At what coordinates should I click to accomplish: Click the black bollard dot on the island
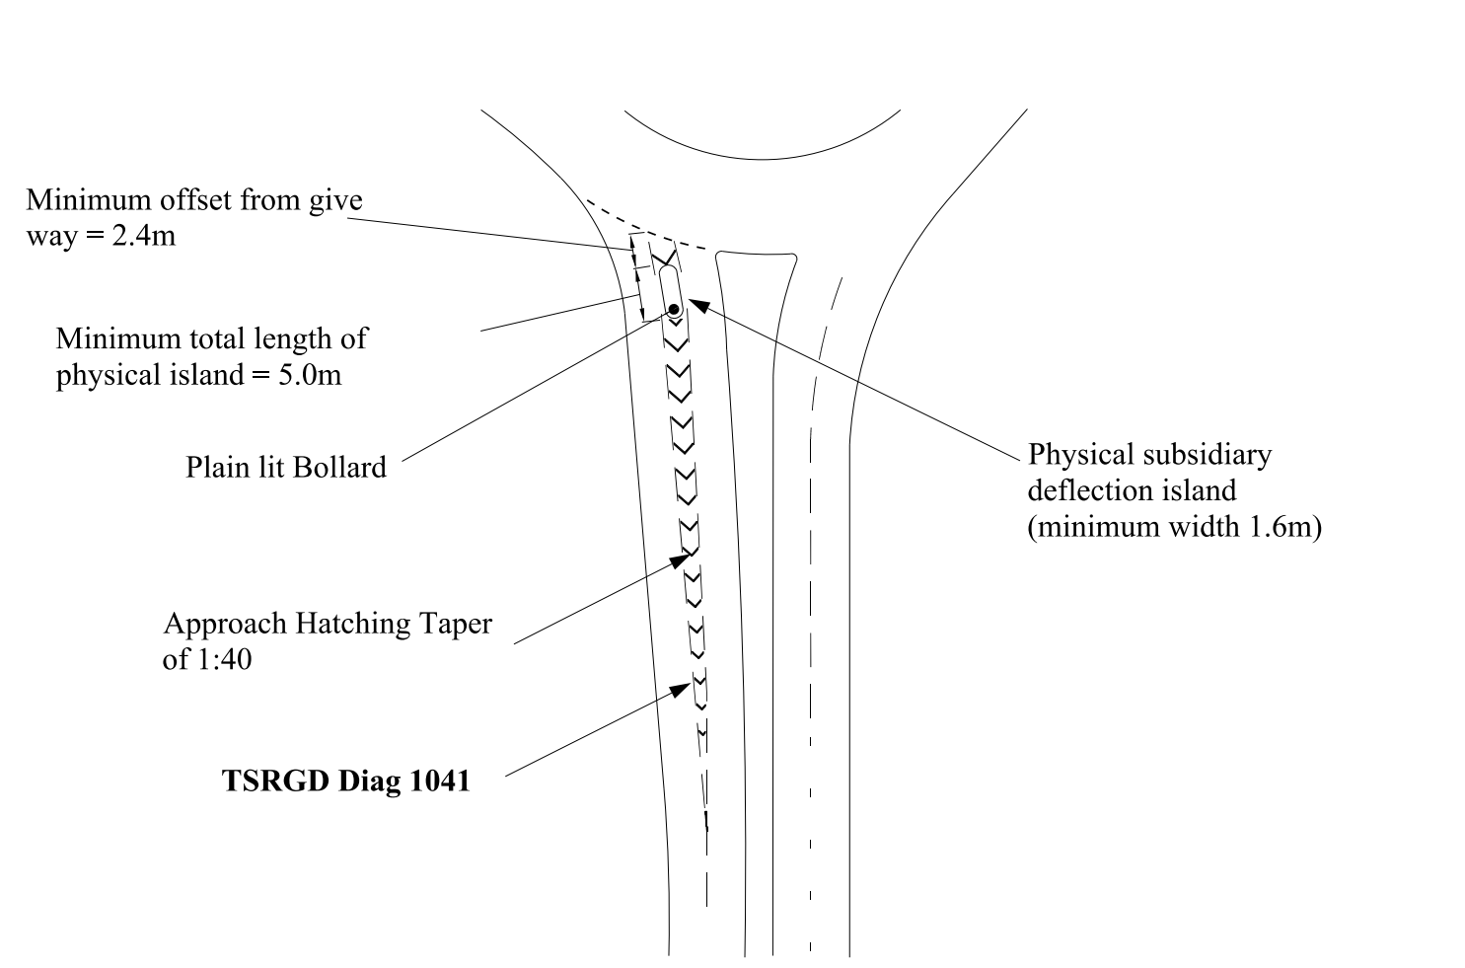[674, 310]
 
